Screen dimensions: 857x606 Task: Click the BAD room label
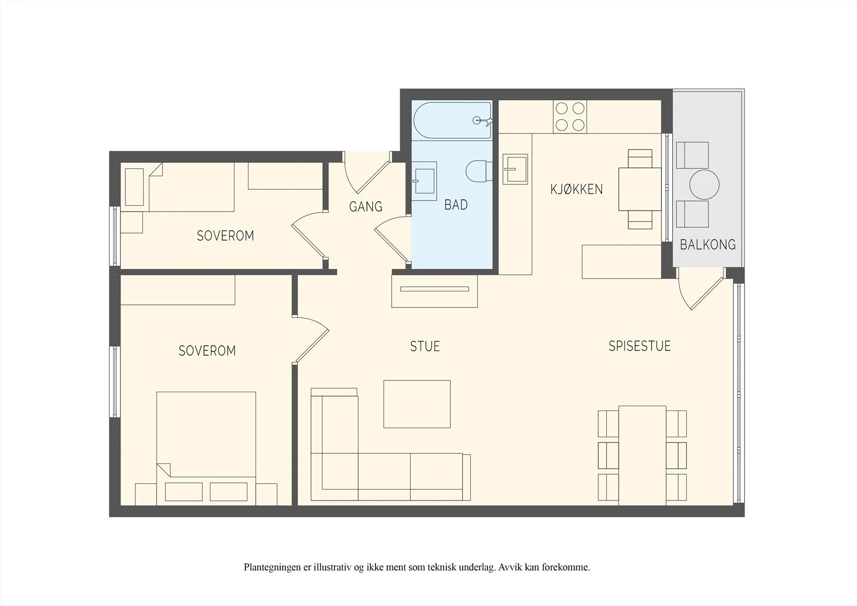point(456,205)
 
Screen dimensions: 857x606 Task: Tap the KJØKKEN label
point(576,189)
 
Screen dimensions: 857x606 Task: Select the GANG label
point(366,207)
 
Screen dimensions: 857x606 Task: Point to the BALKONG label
point(708,245)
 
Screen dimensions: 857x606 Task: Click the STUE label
point(425,347)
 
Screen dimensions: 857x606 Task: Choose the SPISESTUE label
point(640,346)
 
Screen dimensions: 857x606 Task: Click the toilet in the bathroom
point(479,171)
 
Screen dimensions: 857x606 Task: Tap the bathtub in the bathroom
point(452,120)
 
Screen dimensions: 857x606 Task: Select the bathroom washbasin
point(424,181)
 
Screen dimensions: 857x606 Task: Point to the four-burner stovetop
point(570,116)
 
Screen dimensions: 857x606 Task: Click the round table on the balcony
point(704,184)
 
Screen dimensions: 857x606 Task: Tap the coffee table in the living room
point(417,404)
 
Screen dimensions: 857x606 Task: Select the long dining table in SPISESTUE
point(642,455)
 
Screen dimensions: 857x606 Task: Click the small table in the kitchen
point(640,189)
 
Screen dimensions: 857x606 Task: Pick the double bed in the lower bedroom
point(206,448)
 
